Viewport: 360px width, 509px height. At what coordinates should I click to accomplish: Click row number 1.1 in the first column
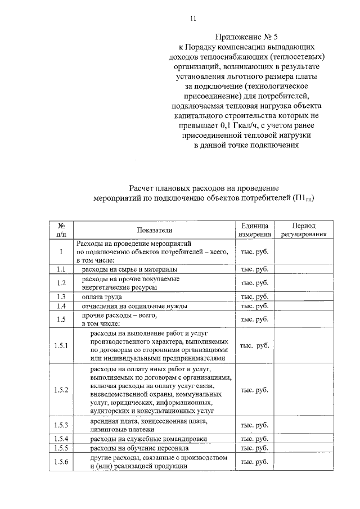pos(61,270)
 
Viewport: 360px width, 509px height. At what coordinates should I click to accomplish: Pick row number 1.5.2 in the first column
pos(61,390)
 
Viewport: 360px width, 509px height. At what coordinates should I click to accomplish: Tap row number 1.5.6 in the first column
pos(61,462)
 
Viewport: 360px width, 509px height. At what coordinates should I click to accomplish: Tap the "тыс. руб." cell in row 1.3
pos(254,296)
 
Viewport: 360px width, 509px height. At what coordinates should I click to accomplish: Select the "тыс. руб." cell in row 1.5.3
pos(254,425)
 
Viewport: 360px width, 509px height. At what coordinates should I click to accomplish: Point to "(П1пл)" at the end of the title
pos(303,199)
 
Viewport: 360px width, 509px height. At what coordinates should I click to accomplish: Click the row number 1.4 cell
pos(61,306)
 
